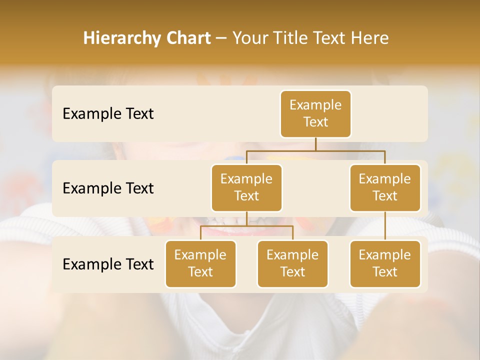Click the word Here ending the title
370,38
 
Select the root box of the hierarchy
315,114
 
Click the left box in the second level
246,188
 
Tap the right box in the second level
385,188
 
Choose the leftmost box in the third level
200,264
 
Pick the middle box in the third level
292,264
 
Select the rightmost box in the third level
385,264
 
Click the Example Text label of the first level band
108,114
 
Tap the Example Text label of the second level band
108,188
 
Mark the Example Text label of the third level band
108,264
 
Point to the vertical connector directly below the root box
315,144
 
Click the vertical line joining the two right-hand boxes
385,226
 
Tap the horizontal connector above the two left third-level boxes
246,226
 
